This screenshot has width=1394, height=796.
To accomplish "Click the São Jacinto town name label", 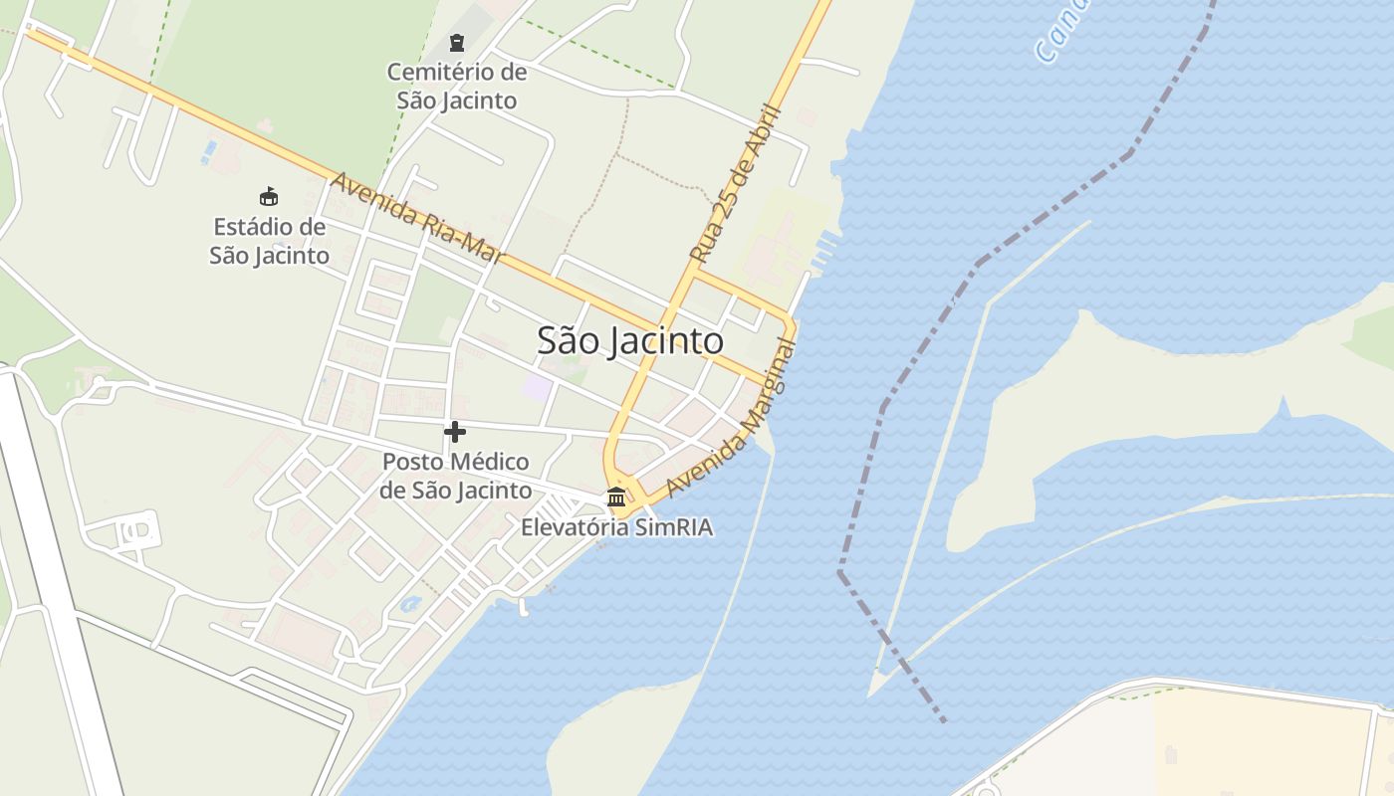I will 629,341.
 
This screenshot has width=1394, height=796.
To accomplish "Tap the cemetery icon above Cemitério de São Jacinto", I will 456,43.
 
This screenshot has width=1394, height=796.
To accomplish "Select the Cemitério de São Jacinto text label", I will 456,87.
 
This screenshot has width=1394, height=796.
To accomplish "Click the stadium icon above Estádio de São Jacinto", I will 268,196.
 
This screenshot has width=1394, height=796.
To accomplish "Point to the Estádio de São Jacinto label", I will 269,241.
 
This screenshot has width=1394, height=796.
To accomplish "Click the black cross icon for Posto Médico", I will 455,432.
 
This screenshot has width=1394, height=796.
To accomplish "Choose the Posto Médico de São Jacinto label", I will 455,476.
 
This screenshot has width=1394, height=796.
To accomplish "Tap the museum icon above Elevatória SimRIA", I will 616,497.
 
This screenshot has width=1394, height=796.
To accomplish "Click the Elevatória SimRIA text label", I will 616,527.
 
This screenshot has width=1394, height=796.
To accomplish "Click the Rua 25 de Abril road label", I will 736,185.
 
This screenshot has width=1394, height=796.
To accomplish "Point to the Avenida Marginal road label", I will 732,419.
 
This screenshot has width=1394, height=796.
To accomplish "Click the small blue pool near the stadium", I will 208,151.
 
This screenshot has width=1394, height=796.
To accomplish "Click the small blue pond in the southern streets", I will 409,603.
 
